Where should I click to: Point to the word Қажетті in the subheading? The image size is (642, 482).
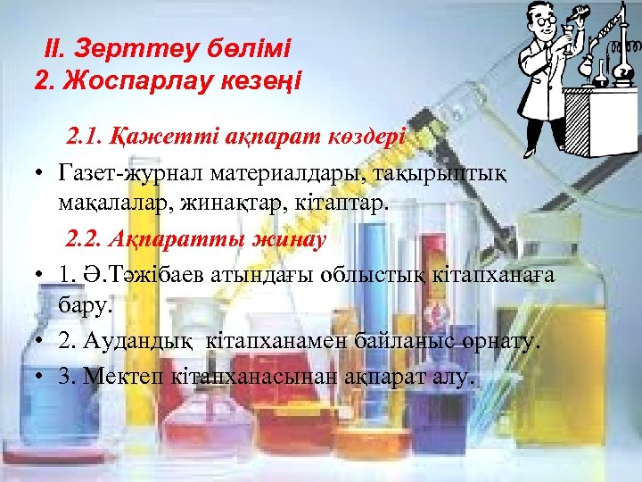(152, 138)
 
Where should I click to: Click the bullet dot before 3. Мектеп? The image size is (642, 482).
(41, 377)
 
